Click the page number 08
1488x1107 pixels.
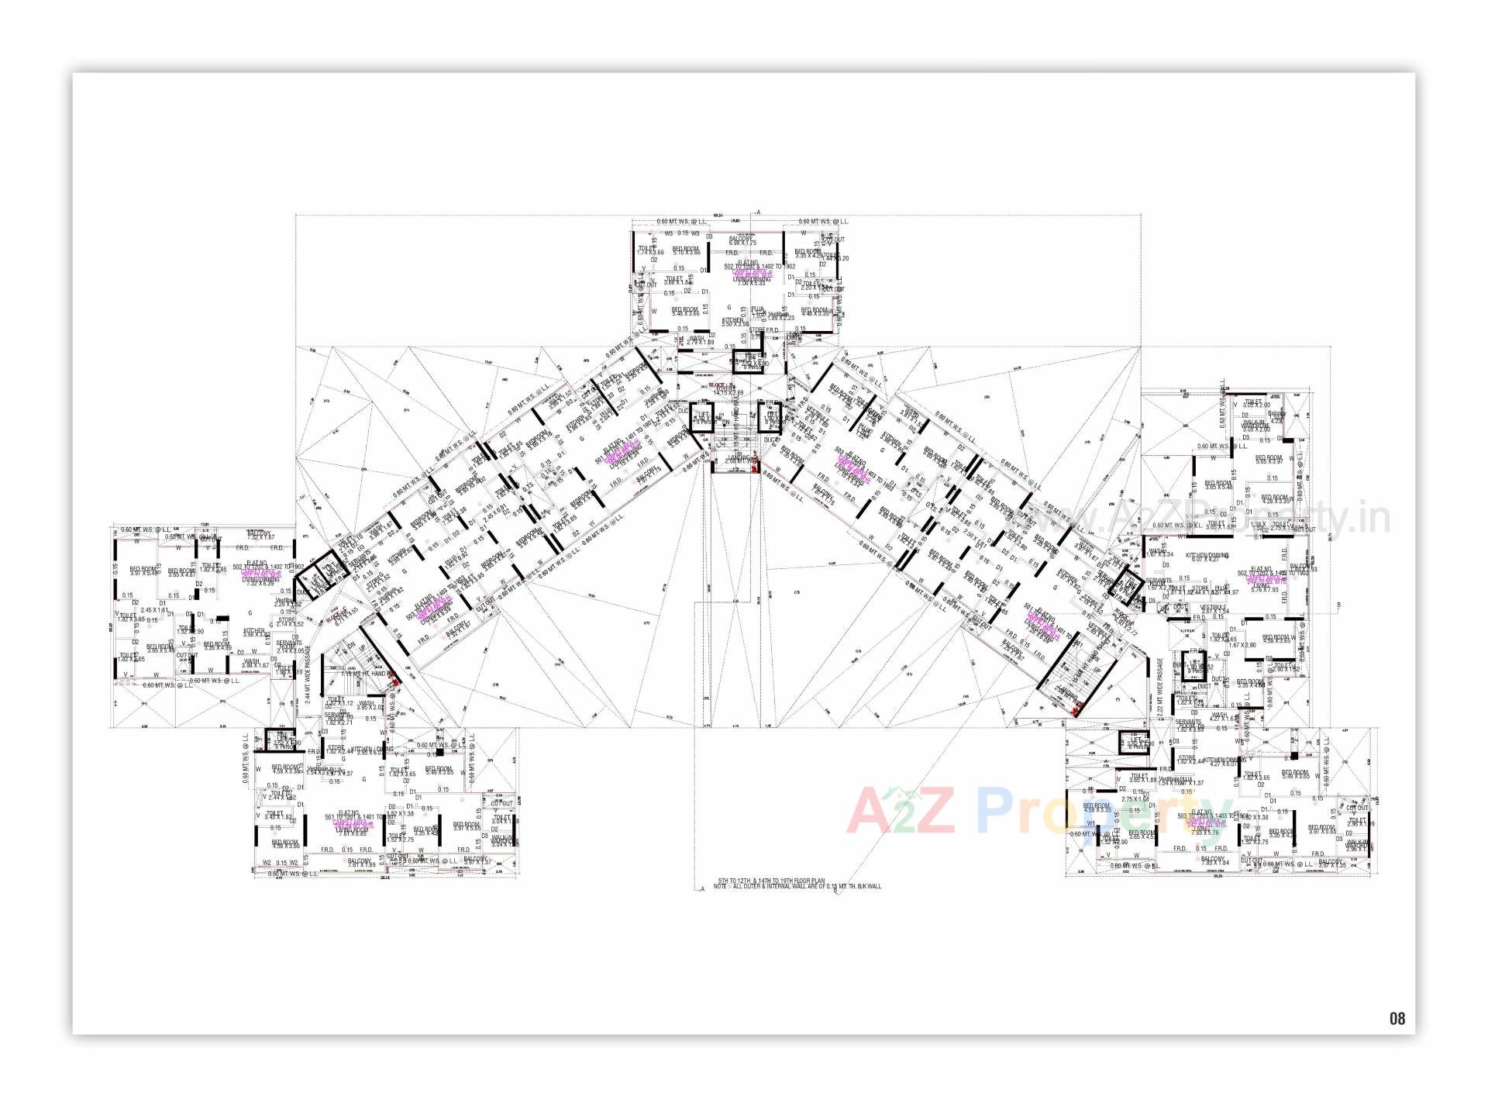click(1397, 1019)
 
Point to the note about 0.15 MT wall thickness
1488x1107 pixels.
click(798, 886)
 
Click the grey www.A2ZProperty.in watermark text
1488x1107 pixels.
click(1240, 518)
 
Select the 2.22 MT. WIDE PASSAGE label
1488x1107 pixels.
click(1160, 690)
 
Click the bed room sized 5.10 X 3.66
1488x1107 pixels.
click(686, 250)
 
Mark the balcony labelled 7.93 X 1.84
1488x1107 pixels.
click(1213, 860)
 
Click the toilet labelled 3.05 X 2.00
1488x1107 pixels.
click(1256, 404)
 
